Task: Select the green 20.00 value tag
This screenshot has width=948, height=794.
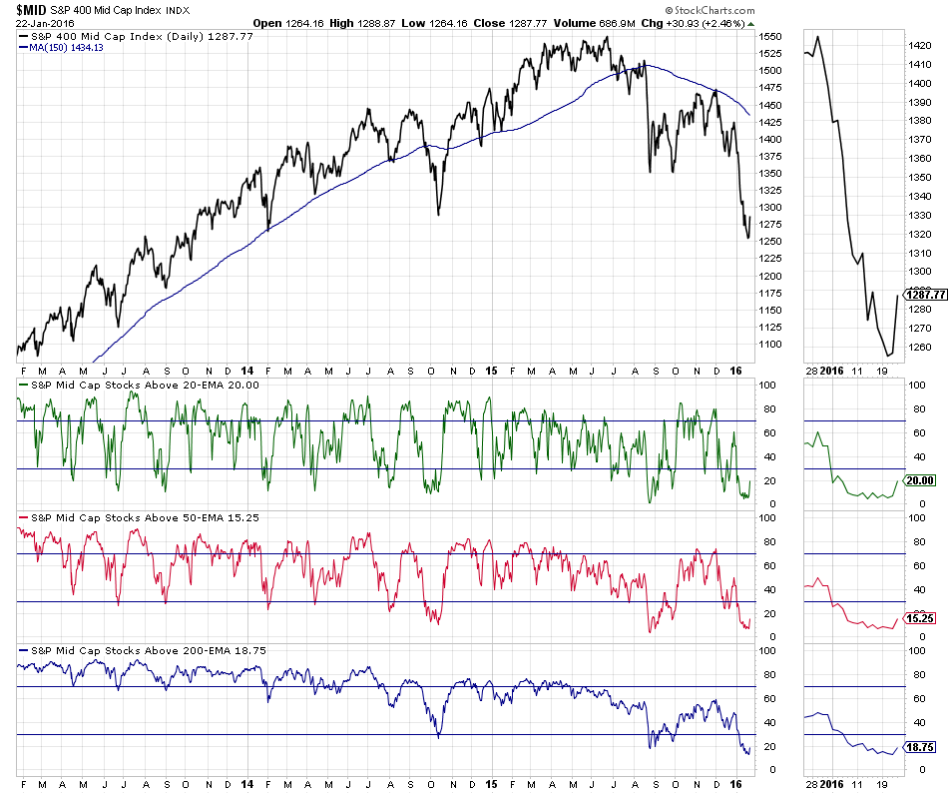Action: coord(919,480)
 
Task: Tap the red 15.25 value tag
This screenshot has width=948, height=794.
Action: coord(919,618)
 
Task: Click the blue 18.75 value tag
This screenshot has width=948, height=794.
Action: coord(919,747)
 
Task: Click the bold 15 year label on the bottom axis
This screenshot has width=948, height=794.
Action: coord(491,784)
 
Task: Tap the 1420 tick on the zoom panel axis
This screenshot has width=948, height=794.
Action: coord(920,46)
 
